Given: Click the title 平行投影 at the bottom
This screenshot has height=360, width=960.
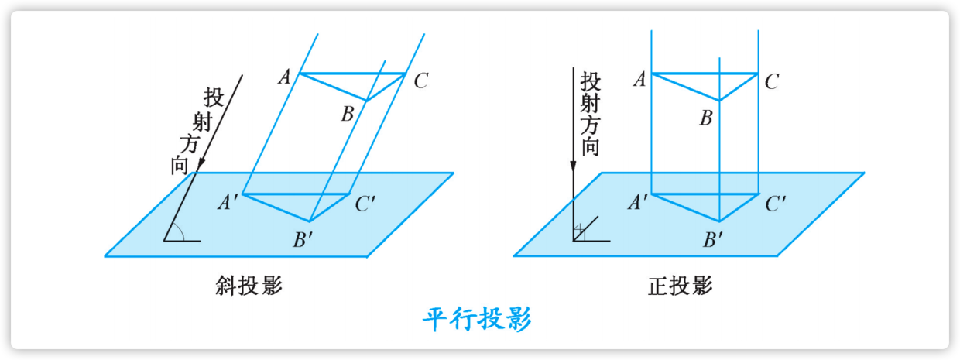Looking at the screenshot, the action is pyautogui.click(x=477, y=319).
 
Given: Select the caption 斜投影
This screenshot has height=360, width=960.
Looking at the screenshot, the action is pyautogui.click(x=249, y=286).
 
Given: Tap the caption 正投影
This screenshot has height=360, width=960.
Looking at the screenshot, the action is pyautogui.click(x=680, y=286).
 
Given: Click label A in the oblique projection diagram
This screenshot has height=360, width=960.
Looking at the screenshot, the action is pyautogui.click(x=284, y=77).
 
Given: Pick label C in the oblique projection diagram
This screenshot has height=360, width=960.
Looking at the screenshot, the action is pyautogui.click(x=420, y=81).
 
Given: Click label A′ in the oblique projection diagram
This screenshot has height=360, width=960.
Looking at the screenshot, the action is pyautogui.click(x=228, y=203).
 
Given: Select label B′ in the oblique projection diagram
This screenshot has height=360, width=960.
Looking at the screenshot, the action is pyautogui.click(x=302, y=238).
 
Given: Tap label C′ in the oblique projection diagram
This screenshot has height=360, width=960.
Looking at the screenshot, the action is pyautogui.click(x=365, y=204).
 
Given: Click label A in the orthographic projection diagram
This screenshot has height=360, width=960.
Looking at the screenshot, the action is pyautogui.click(x=639, y=79).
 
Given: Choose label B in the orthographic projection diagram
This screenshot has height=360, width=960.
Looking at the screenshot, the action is pyautogui.click(x=705, y=119).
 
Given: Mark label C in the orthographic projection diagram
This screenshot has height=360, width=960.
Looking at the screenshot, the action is pyautogui.click(x=771, y=81).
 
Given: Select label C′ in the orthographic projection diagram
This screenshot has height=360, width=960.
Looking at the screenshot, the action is pyautogui.click(x=776, y=204).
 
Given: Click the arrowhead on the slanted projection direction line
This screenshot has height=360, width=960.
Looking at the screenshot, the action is pyautogui.click(x=201, y=163).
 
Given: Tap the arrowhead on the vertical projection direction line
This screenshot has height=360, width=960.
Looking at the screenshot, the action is pyautogui.click(x=573, y=165).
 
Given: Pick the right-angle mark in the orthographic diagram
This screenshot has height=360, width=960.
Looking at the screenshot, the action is pyautogui.click(x=578, y=231).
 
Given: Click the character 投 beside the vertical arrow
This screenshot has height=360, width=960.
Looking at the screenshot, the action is pyautogui.click(x=591, y=80).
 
